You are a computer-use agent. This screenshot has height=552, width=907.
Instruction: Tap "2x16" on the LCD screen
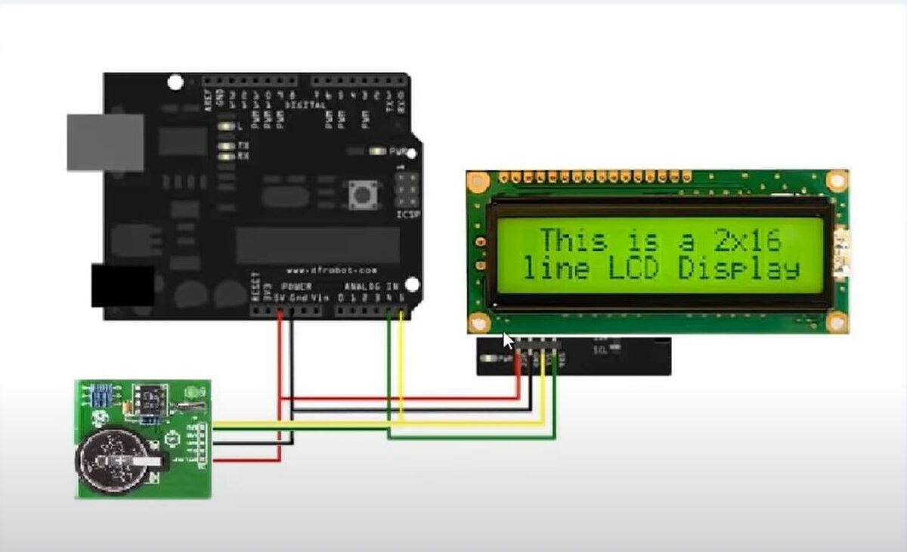748,241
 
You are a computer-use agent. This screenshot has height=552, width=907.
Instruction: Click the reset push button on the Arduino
363,196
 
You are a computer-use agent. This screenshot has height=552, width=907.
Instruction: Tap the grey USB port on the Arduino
105,142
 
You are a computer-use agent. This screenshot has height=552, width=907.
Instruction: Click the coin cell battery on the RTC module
116,461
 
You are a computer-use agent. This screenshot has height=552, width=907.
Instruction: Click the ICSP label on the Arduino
408,214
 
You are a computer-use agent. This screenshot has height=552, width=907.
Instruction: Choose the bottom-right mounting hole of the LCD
836,323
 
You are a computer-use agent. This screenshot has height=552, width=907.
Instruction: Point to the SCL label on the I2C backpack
601,350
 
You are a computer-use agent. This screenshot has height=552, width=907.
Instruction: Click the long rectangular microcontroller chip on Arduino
317,245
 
